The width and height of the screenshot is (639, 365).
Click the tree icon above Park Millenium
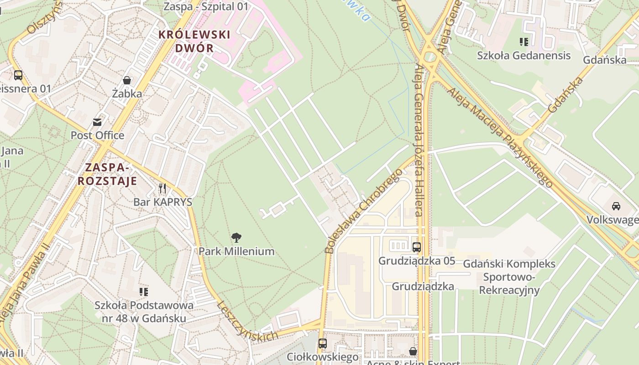[236, 237]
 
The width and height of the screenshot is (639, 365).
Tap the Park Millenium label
[236, 251]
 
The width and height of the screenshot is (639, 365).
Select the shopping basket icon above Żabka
[127, 80]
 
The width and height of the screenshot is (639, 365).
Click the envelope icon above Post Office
[97, 122]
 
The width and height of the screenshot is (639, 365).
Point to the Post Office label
[97, 135]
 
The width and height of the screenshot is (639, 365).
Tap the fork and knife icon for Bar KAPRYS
[162, 188]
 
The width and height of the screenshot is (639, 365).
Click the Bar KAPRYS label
[162, 202]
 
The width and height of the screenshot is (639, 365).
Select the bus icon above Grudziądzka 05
[416, 247]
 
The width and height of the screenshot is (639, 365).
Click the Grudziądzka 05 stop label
[417, 261]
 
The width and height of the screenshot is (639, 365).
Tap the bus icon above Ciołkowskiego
[323, 343]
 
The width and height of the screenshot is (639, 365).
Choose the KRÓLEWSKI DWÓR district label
[194, 41]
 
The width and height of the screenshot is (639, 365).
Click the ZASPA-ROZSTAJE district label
[107, 174]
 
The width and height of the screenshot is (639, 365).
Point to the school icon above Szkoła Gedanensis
[524, 42]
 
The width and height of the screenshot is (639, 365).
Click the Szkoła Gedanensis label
[524, 56]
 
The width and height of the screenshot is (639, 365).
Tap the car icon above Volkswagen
[616, 206]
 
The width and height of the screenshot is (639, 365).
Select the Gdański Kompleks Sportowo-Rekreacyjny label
[509, 277]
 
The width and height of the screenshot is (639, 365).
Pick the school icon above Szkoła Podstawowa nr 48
[144, 292]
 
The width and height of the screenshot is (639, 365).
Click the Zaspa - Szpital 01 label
[206, 6]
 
